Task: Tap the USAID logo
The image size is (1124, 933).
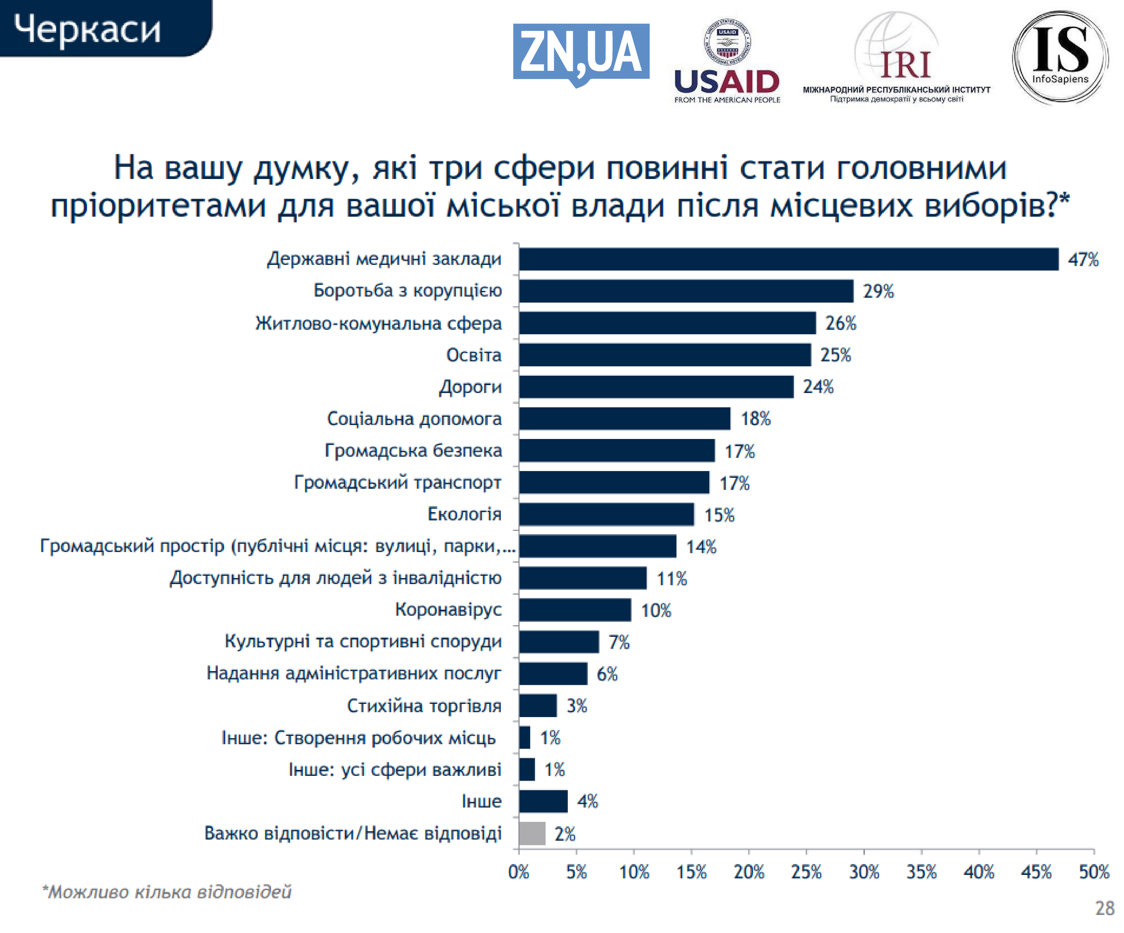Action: tap(727, 61)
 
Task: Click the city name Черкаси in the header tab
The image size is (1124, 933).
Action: tap(87, 29)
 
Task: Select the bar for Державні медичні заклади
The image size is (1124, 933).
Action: tap(788, 259)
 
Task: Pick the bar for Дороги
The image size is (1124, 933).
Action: tap(656, 387)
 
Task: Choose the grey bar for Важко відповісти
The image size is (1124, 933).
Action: tap(532, 834)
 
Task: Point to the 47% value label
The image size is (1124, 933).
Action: tap(1083, 260)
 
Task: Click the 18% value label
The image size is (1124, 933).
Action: tap(755, 419)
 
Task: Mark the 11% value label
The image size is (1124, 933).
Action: tap(672, 579)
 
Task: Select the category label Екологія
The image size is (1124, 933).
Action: tap(464, 514)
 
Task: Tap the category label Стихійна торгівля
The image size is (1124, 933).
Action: tap(424, 706)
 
